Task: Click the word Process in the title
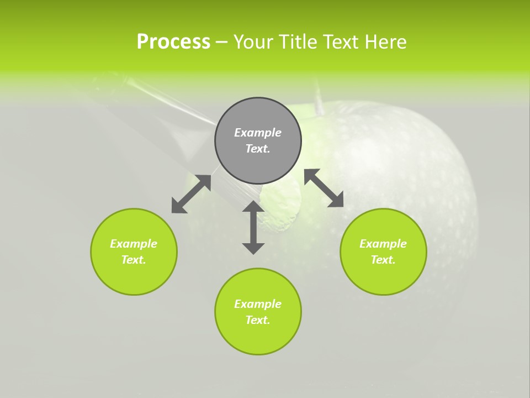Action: coord(173,42)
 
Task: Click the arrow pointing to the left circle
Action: coord(191,194)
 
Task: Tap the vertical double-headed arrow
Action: coord(253,227)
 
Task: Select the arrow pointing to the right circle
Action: coord(324,188)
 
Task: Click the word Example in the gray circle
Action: coord(258,133)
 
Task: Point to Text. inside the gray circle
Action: coord(258,149)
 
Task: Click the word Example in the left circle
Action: coord(134,244)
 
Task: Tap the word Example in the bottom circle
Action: coord(258,304)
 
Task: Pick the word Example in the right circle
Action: coord(383,244)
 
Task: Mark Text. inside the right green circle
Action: coord(383,260)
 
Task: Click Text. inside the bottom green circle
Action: coord(258,320)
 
